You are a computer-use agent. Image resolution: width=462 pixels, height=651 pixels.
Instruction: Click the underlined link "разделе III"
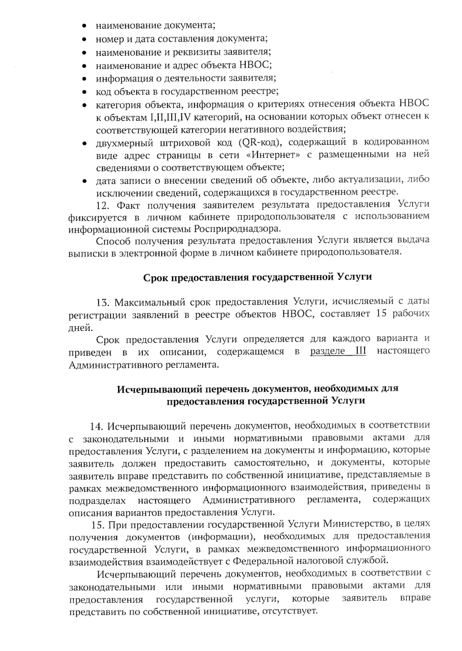click(x=338, y=351)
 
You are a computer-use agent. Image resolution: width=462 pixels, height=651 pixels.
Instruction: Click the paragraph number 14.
click(x=97, y=426)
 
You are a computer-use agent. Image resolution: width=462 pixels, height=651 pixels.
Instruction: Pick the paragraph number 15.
click(x=98, y=524)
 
